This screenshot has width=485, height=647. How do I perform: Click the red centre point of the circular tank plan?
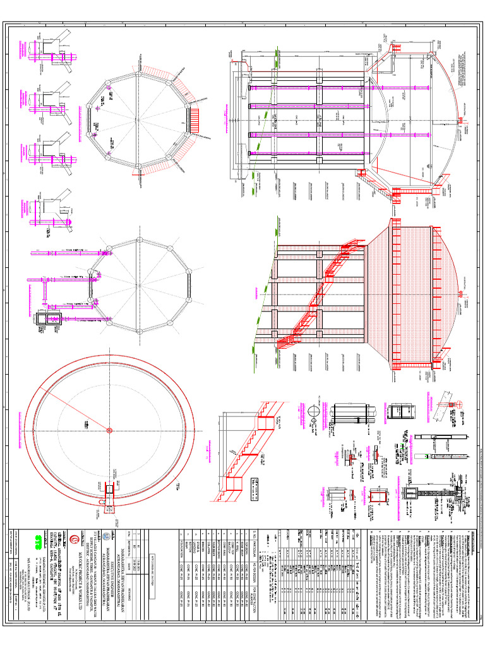pyautogui.click(x=109, y=430)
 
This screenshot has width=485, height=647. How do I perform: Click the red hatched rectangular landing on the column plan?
pyautogui.click(x=193, y=118)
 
